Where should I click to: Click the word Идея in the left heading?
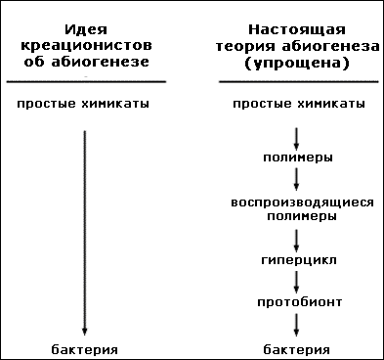[x=86, y=29]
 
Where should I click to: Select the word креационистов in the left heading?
[x=86, y=45]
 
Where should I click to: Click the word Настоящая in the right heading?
[x=297, y=29]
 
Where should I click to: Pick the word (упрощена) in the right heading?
[x=297, y=63]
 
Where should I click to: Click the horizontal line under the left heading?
[x=86, y=81]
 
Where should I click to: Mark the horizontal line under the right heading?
[x=299, y=81]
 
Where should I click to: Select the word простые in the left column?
[x=47, y=104]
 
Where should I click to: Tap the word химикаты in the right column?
[x=331, y=104]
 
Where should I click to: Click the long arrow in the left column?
[x=85, y=233]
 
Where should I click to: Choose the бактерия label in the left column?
[x=85, y=350]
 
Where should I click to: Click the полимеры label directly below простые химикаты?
[x=298, y=157]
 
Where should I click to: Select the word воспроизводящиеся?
[x=302, y=202]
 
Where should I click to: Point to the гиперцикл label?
[x=299, y=260]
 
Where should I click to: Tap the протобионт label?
[x=300, y=302]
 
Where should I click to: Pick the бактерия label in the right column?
[x=296, y=350]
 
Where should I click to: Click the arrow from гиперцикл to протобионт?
[x=296, y=283]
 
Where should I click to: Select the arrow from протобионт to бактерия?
[x=296, y=325]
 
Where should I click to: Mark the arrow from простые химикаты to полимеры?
[x=296, y=139]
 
